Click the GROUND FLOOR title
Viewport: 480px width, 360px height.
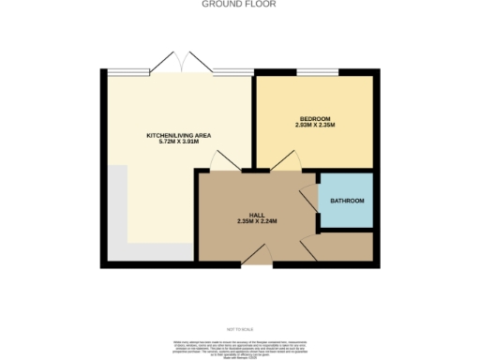(239, 4)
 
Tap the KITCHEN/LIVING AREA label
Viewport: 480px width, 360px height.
(178, 136)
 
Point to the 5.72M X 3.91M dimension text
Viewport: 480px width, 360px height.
(178, 143)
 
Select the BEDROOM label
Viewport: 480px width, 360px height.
(314, 117)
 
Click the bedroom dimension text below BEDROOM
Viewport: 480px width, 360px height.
(314, 125)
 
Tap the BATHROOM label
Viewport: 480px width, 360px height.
(347, 202)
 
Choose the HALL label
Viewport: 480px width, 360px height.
(256, 215)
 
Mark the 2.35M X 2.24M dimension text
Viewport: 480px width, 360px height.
(256, 222)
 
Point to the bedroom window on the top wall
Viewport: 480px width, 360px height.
(317, 71)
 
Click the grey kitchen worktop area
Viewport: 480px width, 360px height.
(117, 216)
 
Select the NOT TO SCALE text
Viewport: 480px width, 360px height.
(239, 329)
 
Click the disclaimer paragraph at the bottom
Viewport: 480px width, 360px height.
(239, 346)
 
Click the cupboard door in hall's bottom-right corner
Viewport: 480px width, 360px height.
(309, 248)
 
